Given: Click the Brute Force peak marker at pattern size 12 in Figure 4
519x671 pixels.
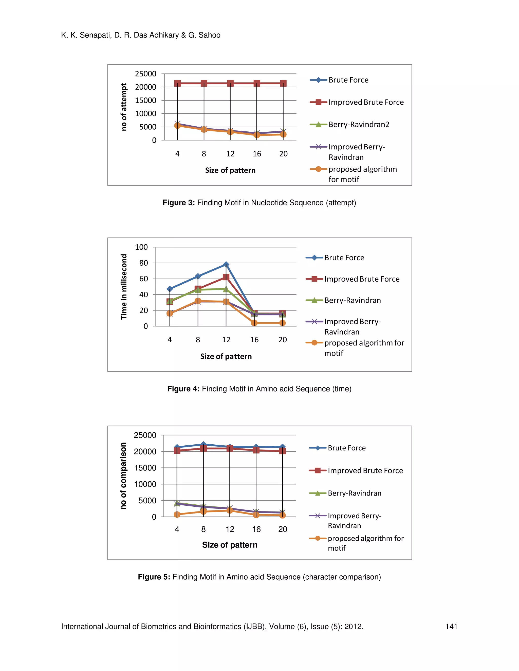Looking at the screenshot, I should (x=226, y=264).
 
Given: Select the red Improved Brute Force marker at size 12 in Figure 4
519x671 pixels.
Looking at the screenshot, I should (x=226, y=277).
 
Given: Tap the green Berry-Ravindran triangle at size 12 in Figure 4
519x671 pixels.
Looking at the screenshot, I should (x=226, y=289).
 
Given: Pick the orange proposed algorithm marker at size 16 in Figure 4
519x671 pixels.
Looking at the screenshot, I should (x=254, y=323).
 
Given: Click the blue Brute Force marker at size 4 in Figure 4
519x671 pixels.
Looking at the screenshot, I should (x=170, y=289).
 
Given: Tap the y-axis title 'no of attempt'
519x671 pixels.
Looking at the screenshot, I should (x=124, y=107).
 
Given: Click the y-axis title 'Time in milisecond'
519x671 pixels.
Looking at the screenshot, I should (x=124, y=287).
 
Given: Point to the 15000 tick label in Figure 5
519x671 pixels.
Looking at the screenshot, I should (x=145, y=468).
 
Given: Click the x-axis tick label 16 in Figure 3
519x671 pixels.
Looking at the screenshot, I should (x=257, y=154).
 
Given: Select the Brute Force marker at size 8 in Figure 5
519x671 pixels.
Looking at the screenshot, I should (x=203, y=445).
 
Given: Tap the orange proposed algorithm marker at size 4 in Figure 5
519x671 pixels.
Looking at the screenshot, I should (x=177, y=514).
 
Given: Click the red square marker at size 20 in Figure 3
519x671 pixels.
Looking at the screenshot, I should (x=283, y=83).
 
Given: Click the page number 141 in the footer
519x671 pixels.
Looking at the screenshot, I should (x=451, y=626).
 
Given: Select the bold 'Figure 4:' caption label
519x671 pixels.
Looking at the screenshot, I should (x=183, y=389).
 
